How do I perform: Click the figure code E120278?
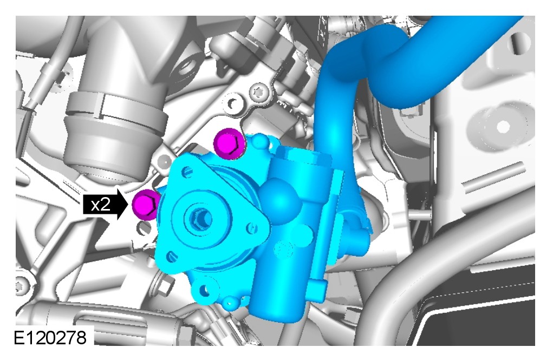50,338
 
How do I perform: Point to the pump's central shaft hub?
200,219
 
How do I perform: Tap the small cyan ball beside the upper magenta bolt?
261,141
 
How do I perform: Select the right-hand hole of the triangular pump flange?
251,228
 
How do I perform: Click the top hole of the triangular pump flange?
188,172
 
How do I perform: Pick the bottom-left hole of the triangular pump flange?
171,256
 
